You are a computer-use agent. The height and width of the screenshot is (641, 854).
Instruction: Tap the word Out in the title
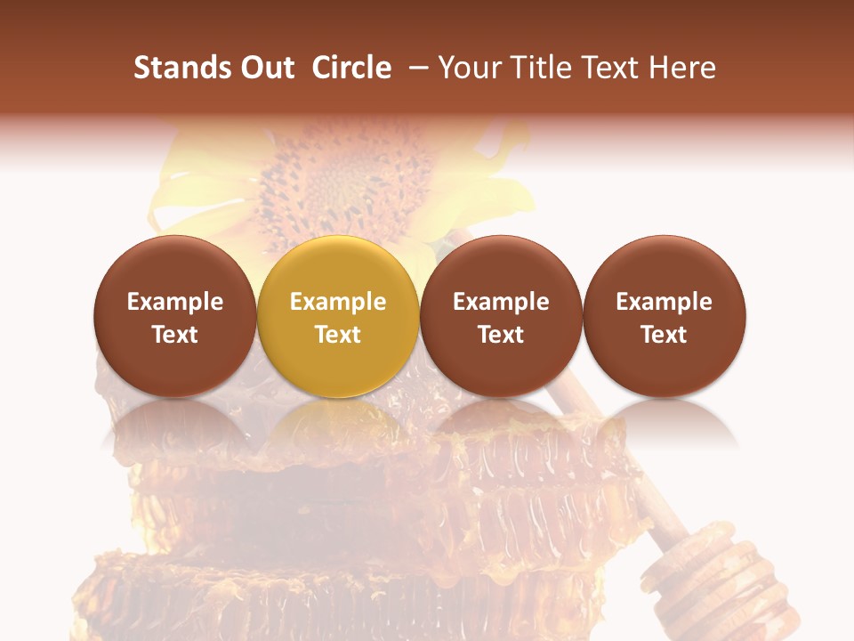coord(265,69)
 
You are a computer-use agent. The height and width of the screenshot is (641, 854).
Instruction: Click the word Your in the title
coord(467,69)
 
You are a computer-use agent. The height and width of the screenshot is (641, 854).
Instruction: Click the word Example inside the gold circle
coord(338,302)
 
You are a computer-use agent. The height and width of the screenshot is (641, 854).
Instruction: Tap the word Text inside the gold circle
coord(338,335)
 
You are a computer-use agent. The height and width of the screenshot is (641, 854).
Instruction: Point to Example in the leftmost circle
coord(175,302)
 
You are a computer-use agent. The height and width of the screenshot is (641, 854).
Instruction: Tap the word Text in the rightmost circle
coord(665,335)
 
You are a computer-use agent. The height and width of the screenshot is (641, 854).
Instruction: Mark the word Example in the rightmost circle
coord(665,302)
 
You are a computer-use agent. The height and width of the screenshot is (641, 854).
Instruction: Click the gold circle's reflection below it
coord(338,423)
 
